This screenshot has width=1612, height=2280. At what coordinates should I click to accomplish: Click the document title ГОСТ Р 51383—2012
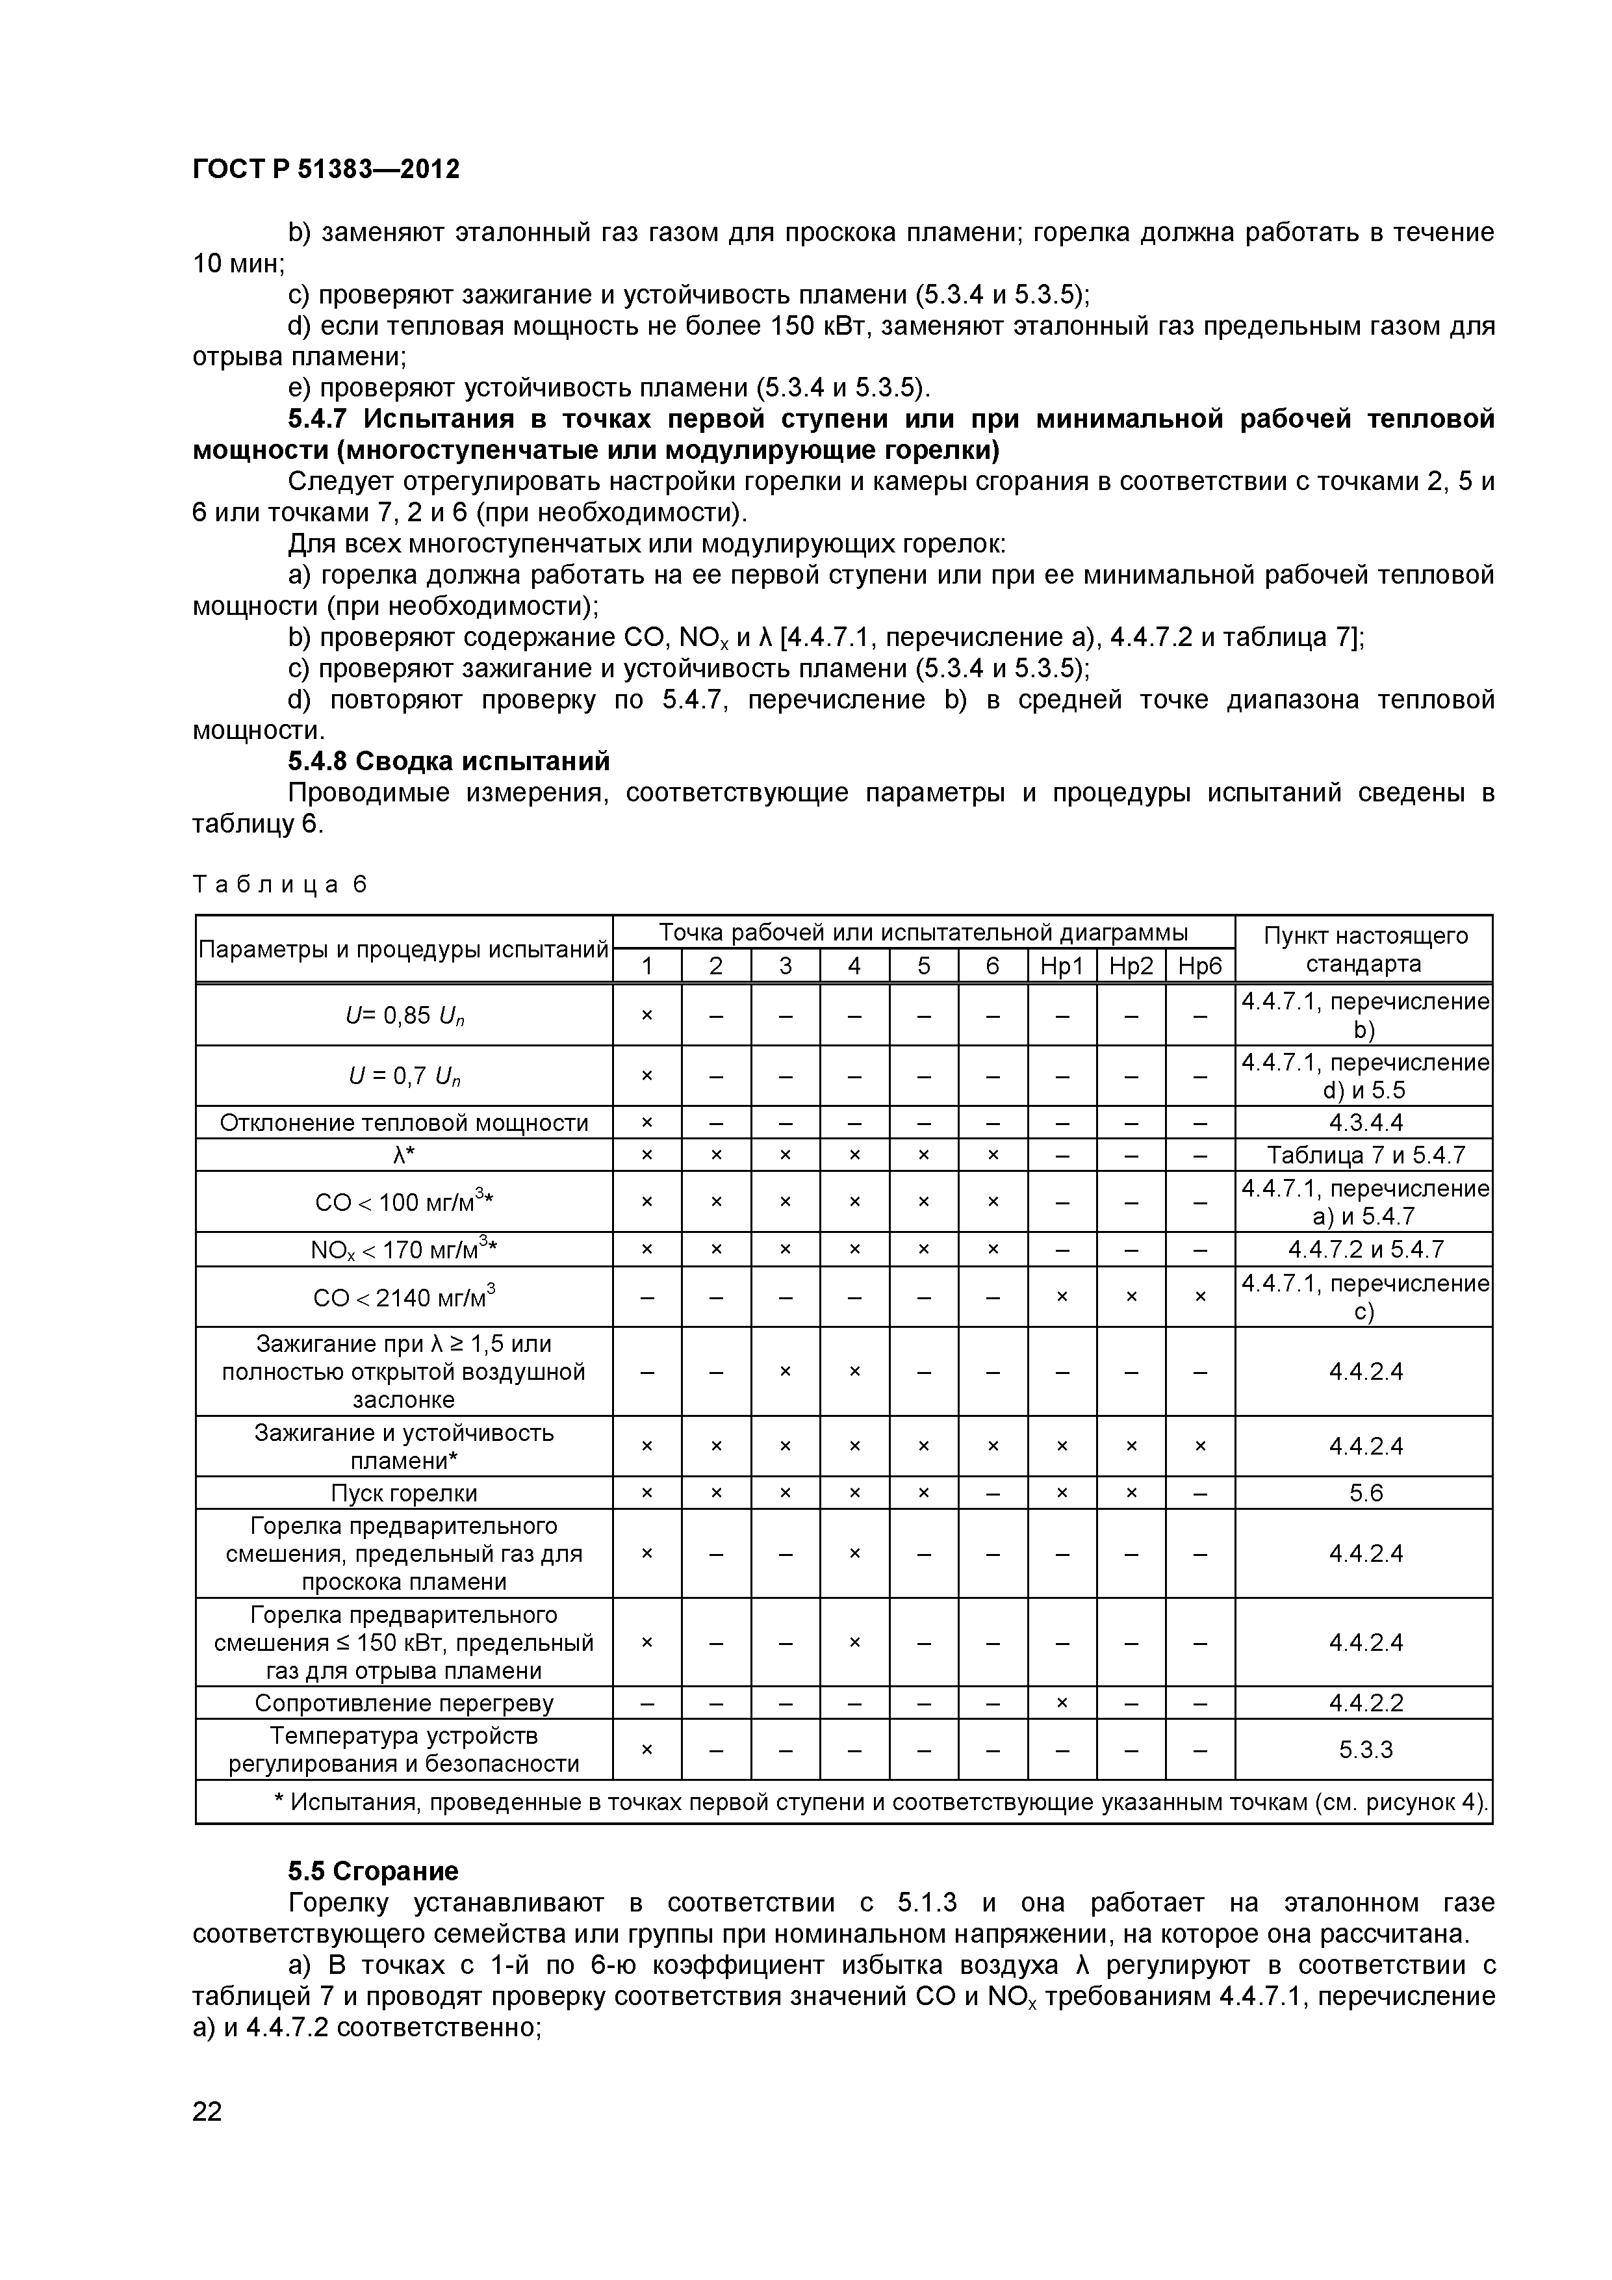tap(326, 169)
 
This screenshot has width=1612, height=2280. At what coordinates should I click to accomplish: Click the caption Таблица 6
tap(280, 884)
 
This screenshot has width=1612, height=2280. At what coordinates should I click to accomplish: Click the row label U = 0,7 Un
tap(404, 1076)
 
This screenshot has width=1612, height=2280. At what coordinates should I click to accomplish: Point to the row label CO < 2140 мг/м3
tap(404, 1297)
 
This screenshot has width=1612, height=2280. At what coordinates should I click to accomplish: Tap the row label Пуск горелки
tap(404, 1494)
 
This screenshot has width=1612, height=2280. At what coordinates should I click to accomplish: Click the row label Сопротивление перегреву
tap(404, 1703)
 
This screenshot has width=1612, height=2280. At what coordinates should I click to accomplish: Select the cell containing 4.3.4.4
tap(1365, 1123)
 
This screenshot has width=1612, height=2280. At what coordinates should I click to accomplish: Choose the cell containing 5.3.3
tap(1365, 1750)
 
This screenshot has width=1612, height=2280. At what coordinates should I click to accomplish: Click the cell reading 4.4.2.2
tap(1365, 1703)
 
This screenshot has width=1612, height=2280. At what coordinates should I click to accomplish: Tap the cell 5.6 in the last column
tap(1365, 1494)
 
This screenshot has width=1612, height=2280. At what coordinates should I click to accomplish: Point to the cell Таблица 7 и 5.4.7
tap(1365, 1155)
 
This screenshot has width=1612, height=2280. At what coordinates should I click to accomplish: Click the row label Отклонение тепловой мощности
tap(404, 1123)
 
